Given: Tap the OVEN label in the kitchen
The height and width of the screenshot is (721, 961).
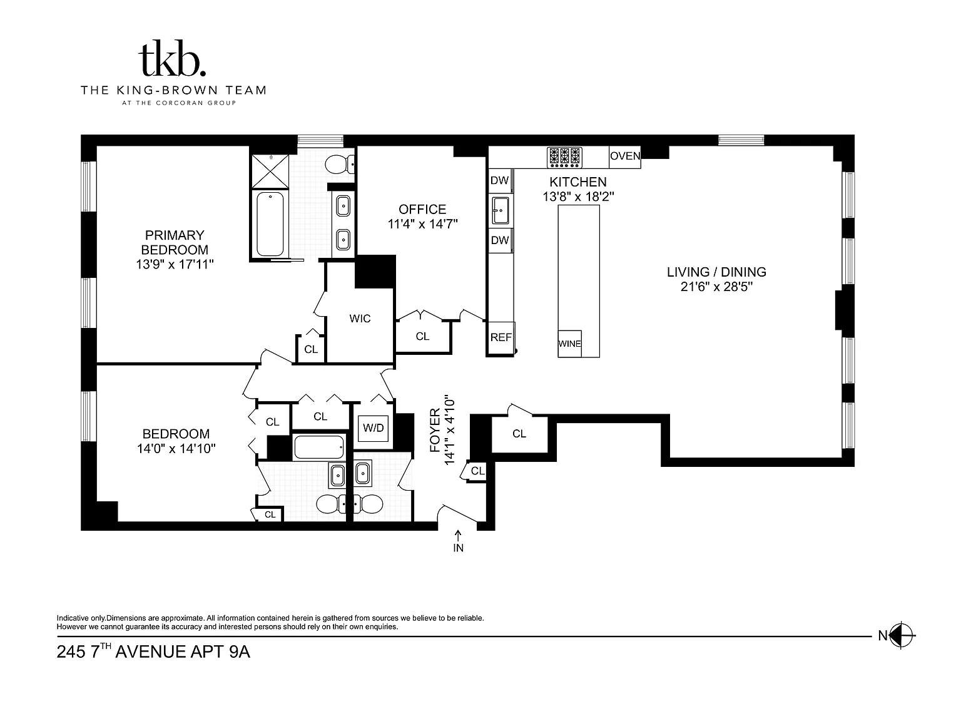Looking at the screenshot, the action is [x=625, y=156].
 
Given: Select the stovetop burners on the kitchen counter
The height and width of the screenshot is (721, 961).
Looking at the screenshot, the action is [x=564, y=158].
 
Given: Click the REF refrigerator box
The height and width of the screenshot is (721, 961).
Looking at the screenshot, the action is [x=501, y=337].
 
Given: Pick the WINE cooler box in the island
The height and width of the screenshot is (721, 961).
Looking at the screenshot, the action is [x=569, y=344].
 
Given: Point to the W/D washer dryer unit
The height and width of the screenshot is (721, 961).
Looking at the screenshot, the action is [x=374, y=428].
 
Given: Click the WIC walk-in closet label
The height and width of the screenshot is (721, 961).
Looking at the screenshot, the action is [x=360, y=319].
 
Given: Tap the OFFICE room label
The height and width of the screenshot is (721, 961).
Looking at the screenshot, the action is [x=422, y=209].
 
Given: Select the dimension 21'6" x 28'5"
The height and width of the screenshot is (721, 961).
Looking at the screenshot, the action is [x=716, y=287].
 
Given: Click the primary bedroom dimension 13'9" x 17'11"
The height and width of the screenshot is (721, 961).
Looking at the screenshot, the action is [x=175, y=264].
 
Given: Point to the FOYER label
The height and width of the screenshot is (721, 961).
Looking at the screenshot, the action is [x=435, y=430].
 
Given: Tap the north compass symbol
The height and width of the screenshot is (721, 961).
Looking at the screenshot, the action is [x=902, y=635].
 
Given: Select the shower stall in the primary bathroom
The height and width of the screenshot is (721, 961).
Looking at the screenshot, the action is [x=270, y=171].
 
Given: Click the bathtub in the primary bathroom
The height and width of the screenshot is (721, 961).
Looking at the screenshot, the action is [x=270, y=224].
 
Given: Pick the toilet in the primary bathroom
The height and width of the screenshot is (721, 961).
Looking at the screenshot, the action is [x=340, y=165].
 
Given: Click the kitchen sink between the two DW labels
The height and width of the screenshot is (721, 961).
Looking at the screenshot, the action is [x=501, y=210].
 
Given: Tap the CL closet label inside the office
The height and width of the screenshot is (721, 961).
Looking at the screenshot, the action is [x=422, y=336].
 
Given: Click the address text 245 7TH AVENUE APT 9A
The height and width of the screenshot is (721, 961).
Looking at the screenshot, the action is [x=153, y=652].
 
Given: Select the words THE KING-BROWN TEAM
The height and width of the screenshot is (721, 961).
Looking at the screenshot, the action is [x=173, y=90].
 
